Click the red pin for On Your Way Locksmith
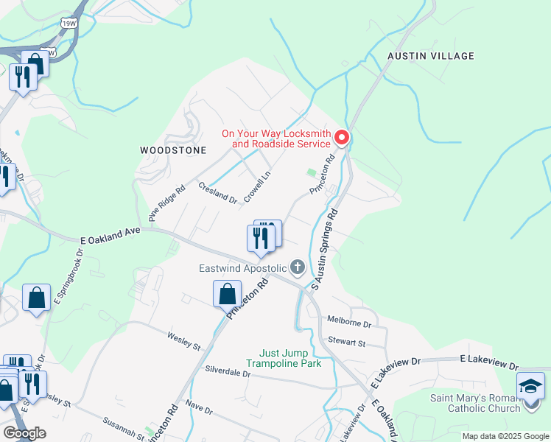(342, 137)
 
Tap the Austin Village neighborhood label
(431, 56)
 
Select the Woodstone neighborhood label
(173, 150)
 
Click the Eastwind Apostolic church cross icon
(298, 267)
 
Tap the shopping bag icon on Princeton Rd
(228, 294)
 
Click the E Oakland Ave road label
(110, 236)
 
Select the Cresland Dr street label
(217, 192)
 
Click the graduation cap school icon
(531, 386)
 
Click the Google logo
(24, 433)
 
